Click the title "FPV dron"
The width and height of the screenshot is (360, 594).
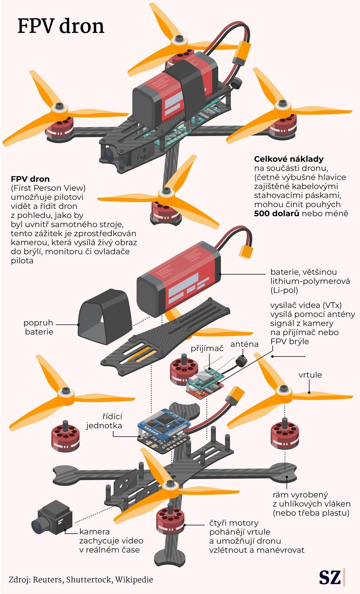(61, 26)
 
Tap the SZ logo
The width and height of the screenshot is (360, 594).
(330, 578)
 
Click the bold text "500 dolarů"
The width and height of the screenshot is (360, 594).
(276, 213)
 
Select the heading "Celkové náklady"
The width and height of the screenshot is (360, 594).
(288, 159)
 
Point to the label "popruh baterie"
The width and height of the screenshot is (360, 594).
(39, 327)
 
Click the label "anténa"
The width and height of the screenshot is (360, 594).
(244, 344)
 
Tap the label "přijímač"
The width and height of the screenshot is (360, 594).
(207, 348)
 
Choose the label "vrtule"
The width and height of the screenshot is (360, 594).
(310, 375)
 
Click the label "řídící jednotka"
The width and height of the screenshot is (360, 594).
(104, 421)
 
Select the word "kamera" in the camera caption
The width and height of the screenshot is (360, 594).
(94, 532)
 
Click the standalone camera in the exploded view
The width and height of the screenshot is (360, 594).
(52, 518)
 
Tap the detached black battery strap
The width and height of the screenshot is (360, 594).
(104, 316)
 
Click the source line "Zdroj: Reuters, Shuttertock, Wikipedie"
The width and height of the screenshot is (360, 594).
(81, 579)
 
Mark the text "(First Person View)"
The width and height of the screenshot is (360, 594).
(48, 188)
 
